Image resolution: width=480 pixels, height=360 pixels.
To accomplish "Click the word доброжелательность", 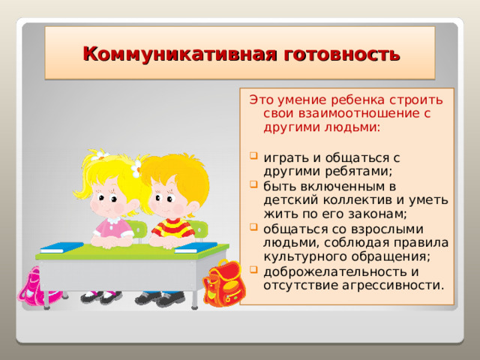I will point(333,271).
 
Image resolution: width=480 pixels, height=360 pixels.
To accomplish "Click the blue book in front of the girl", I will point(61,247).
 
